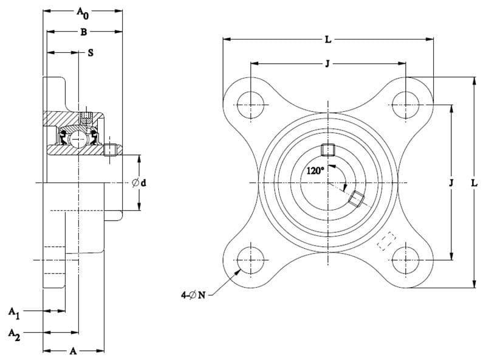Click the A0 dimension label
click(x=83, y=13)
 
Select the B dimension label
click(x=84, y=32)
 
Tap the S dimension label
click(x=91, y=53)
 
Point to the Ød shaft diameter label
click(x=139, y=183)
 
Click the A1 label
click(x=14, y=313)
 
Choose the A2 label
click(x=14, y=334)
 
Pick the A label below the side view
click(x=73, y=351)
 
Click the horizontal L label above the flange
click(x=328, y=40)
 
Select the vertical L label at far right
click(x=474, y=183)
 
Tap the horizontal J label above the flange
click(x=327, y=64)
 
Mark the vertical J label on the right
click(x=451, y=183)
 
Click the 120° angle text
click(x=315, y=170)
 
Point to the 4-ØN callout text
click(x=193, y=294)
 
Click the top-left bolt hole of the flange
click(x=250, y=105)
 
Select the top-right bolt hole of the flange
click(x=405, y=105)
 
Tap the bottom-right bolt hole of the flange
click(x=405, y=260)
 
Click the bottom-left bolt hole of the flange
click(x=250, y=260)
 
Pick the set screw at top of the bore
click(x=328, y=150)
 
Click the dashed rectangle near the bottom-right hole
click(x=386, y=241)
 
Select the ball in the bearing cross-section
click(x=77, y=139)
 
